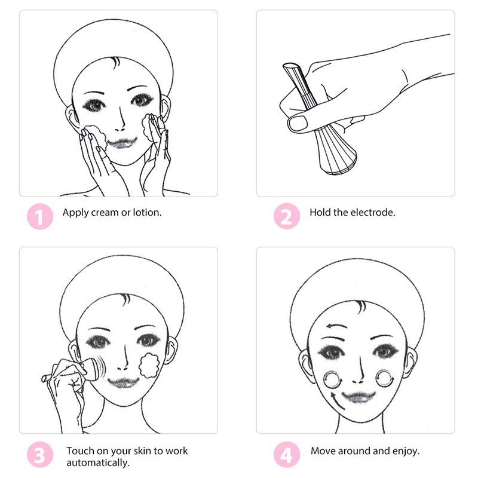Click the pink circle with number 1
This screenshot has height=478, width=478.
point(40,216)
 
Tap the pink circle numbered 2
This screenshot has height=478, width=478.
point(287,216)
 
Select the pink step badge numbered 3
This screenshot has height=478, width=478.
point(40,455)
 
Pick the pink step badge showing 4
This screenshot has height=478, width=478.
point(287,455)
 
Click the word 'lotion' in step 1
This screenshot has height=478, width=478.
point(147,213)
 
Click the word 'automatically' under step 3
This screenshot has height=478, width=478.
point(98,462)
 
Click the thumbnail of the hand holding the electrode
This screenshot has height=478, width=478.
point(356,103)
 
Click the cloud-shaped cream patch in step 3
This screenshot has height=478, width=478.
point(149,365)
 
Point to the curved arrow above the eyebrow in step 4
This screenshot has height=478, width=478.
point(336,326)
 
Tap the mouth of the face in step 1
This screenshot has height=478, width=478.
point(122,143)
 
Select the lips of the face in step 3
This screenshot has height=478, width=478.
point(123,382)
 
